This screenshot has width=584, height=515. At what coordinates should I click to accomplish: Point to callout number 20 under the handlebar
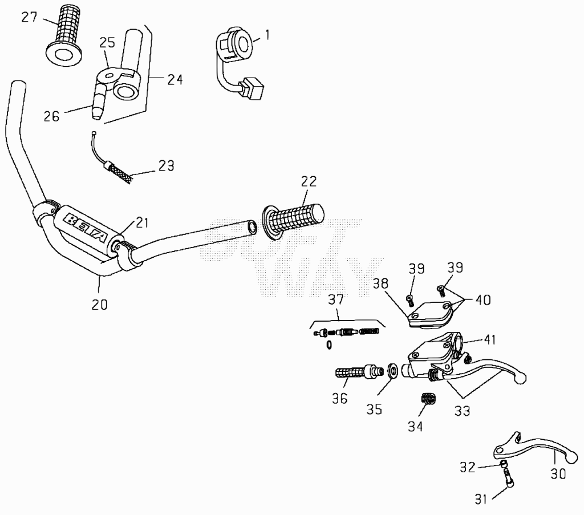(x=99, y=304)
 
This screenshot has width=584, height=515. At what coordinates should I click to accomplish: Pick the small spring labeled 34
(x=429, y=399)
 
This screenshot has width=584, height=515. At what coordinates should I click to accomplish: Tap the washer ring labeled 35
(x=392, y=371)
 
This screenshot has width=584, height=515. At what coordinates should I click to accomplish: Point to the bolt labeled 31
(x=509, y=477)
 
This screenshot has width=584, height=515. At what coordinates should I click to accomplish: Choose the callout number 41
(x=490, y=339)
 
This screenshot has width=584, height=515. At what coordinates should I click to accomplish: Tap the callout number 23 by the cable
(x=166, y=166)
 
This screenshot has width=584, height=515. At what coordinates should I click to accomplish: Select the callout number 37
(x=335, y=300)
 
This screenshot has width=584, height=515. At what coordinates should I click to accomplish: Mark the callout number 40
(x=483, y=300)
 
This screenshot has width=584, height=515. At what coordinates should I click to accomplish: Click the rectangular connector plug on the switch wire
(x=252, y=88)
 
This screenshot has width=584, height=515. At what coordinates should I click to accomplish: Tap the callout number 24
(x=175, y=79)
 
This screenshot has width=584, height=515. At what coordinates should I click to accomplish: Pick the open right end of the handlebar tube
(x=252, y=227)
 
